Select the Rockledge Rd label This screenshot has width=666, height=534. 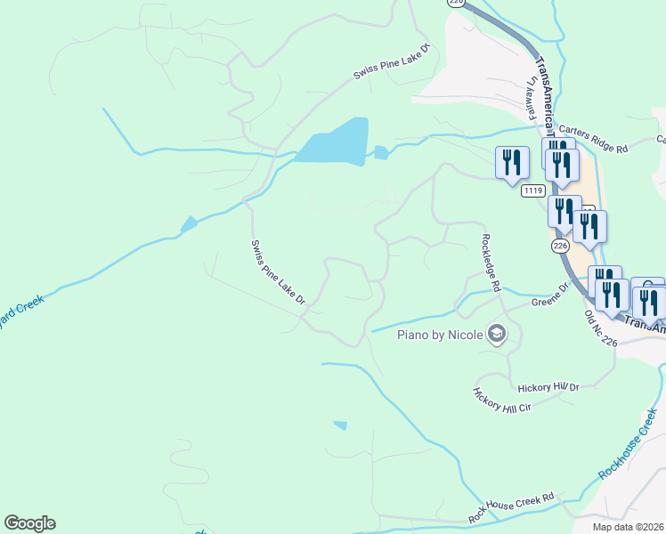tap(491, 263)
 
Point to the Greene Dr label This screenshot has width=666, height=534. tap(549, 295)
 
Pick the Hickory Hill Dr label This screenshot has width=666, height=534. tap(548, 386)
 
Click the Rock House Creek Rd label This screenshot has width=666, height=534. tap(511, 506)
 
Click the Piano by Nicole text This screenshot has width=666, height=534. tap(439, 335)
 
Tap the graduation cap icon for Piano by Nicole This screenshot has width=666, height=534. tap(497, 335)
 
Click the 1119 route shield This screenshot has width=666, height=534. tap(533, 190)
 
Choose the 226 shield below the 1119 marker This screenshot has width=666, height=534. tap(559, 245)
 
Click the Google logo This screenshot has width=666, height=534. tap(29, 523)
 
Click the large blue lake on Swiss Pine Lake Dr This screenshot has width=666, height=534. tap(334, 142)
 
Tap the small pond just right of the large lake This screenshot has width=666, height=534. tap(381, 152)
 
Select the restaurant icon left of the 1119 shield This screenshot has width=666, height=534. tap(512, 163)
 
